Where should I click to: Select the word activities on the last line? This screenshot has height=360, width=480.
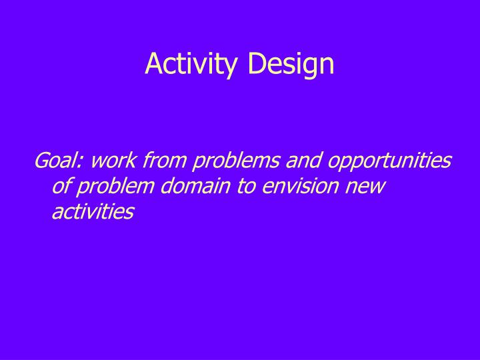click(x=93, y=211)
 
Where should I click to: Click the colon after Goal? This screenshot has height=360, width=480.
click(x=83, y=163)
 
